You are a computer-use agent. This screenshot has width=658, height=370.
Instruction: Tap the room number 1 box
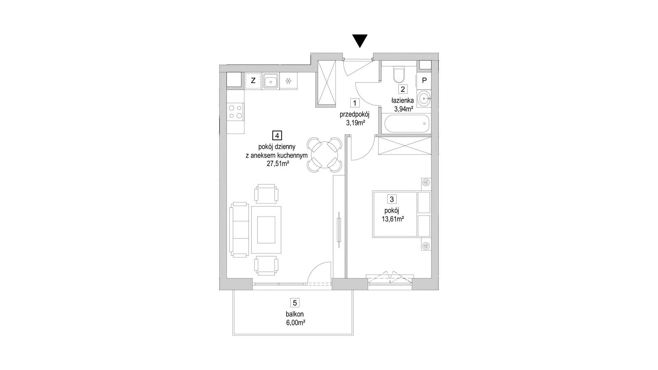point(355,102)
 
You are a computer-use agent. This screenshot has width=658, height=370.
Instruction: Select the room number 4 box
point(277,135)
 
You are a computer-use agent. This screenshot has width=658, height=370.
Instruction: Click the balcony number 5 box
point(295,303)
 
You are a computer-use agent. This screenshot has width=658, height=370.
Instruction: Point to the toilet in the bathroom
point(399,75)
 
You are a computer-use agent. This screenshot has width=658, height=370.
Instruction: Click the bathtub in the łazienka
point(406,123)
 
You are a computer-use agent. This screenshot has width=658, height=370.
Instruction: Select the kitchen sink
point(271,82)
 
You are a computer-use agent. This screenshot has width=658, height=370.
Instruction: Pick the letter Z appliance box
point(253,81)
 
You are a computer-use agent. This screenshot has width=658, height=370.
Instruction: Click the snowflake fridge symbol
point(289,81)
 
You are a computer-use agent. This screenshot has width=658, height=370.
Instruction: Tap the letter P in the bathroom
point(424,81)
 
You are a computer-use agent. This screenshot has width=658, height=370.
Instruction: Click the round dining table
point(325,155)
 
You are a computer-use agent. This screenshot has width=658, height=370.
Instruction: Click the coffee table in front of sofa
point(266,230)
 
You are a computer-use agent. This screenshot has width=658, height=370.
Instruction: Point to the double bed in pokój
point(401,214)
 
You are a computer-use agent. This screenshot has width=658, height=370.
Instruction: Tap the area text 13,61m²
point(392,219)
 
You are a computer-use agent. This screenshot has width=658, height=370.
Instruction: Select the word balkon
point(295,314)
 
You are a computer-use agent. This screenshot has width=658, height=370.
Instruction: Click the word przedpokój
point(355,114)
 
